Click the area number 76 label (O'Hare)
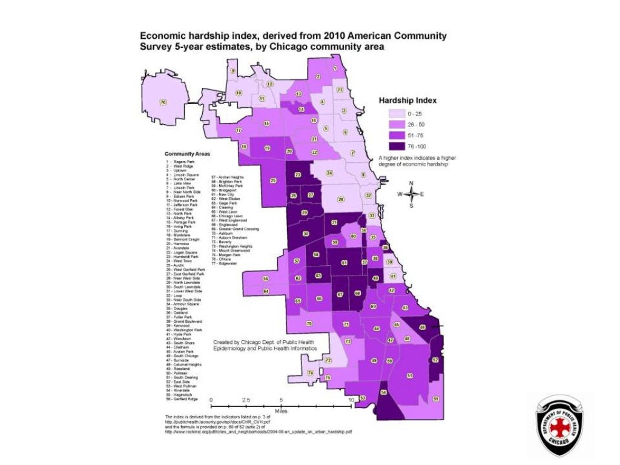click(162, 102)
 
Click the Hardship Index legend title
click(407, 100)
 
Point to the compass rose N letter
click(411, 183)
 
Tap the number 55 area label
click(436, 398)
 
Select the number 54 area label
click(383, 392)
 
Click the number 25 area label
click(273, 180)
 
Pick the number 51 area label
click(410, 376)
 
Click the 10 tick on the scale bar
click(350, 401)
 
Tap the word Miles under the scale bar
click(280, 411)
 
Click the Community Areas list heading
click(187, 154)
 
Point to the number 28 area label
click(341, 199)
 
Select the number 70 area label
click(309, 324)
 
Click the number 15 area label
click(266, 124)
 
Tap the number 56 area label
click(265, 279)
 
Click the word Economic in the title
click(165, 36)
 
